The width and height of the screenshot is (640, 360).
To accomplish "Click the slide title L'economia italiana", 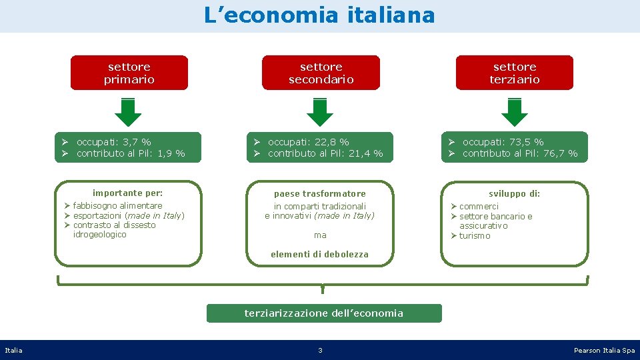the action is coord(319,15).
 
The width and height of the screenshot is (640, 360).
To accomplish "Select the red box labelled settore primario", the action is coord(129,73).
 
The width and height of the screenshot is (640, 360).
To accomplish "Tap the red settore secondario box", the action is coord(321,73).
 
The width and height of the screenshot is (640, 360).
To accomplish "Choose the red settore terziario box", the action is coord(514,73).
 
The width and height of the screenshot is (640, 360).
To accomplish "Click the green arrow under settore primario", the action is coord(128,112).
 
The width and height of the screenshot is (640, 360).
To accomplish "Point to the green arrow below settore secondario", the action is coord(320,112).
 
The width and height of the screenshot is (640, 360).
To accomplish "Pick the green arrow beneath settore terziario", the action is coord(514,112).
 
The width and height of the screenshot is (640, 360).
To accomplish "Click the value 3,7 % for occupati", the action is coord(138,142).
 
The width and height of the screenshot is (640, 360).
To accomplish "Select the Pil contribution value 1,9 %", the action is coord(171,153).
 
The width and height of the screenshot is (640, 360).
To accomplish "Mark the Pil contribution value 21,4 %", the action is coord(368,153).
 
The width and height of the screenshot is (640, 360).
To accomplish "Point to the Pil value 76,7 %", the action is coord(563,153).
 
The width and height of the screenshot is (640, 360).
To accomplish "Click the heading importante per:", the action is coord(127,193).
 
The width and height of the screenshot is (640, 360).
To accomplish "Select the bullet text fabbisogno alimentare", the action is coord(117,205).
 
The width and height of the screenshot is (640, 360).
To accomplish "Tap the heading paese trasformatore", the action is coord(320,194).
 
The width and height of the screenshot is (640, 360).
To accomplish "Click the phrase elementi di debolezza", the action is coord(319,254).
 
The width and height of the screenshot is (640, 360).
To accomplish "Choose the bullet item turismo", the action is coord(475,236).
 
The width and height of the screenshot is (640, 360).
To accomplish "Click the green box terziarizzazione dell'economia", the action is coord(324,313).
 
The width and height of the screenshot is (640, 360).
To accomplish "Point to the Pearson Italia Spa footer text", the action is coord(604,350).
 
